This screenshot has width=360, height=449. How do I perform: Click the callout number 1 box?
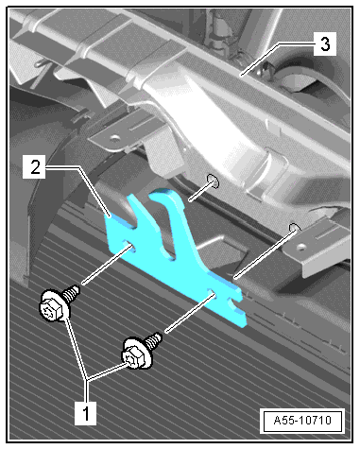click(85, 413)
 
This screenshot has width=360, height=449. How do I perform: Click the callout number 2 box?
click(35, 166)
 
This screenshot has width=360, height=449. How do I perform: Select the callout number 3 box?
click(325, 43)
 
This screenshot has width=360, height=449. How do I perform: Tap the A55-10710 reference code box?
click(302, 421)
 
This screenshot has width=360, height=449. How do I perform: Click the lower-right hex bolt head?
click(136, 354)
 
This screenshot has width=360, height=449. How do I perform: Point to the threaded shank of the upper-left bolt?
click(72, 293)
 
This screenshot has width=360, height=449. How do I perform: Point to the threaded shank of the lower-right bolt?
click(154, 340)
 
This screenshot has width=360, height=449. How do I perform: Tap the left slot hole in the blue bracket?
click(130, 245)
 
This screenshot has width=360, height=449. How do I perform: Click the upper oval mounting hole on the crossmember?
click(214, 181)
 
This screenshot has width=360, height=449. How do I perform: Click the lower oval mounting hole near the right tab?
click(295, 228)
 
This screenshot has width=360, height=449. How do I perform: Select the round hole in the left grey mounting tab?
click(115, 138)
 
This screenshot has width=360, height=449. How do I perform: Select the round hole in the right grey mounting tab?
click(301, 247)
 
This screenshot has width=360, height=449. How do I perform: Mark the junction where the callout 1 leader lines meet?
click(87, 379)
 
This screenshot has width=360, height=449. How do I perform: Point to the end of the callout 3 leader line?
click(241, 75)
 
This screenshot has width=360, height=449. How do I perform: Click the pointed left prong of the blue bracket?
click(130, 198)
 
